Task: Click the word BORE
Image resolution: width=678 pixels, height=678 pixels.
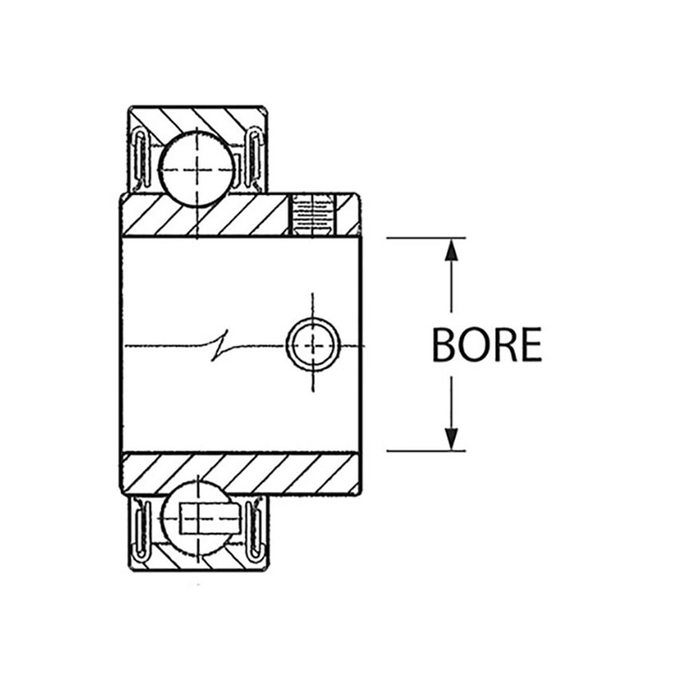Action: click(x=487, y=345)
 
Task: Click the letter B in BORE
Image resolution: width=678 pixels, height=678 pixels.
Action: click(x=443, y=345)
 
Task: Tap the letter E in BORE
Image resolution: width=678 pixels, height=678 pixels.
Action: click(x=532, y=345)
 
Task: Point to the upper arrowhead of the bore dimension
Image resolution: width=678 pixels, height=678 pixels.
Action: click(x=451, y=250)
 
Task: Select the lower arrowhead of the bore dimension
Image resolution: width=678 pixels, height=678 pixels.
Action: click(x=451, y=439)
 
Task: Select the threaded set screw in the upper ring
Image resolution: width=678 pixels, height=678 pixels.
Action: click(x=312, y=215)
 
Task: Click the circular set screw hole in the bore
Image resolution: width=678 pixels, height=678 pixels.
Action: click(x=313, y=345)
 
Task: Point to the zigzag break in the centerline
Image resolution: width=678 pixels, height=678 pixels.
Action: click(x=219, y=345)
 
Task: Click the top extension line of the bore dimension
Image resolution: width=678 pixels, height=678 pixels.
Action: click(x=426, y=238)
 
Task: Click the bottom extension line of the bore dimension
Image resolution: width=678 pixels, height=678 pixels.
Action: click(x=426, y=451)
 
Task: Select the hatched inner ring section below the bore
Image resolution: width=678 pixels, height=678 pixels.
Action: click(x=240, y=473)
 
